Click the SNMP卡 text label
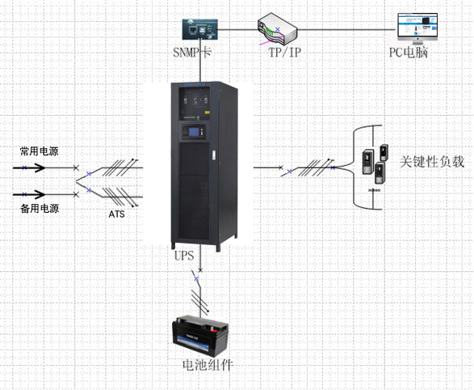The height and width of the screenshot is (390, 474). [x=192, y=52]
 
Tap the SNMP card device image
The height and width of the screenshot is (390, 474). [x=199, y=29]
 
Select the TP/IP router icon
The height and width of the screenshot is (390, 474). [x=278, y=29]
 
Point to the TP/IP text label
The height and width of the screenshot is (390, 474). [x=285, y=52]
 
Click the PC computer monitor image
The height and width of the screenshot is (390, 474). [x=417, y=28]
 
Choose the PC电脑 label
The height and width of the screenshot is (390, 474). [x=409, y=53]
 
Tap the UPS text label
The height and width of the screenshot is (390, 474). [x=184, y=256]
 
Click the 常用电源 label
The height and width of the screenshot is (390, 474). [x=40, y=151]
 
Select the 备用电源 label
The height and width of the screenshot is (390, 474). [x=40, y=208]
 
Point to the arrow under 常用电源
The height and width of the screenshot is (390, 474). [x=29, y=167]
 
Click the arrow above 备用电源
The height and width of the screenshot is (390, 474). [x=29, y=194]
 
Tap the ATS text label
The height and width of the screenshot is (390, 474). [x=117, y=214]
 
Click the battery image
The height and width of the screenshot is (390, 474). [x=200, y=336]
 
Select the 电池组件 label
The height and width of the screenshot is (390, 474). [x=208, y=365]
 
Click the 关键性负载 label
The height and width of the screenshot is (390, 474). [x=432, y=161]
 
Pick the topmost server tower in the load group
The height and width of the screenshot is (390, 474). [x=384, y=152]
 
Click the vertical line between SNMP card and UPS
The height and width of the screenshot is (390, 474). [x=200, y=61]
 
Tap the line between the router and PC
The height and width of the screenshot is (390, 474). [x=347, y=30]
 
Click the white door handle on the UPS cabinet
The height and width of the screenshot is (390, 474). [x=215, y=155]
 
